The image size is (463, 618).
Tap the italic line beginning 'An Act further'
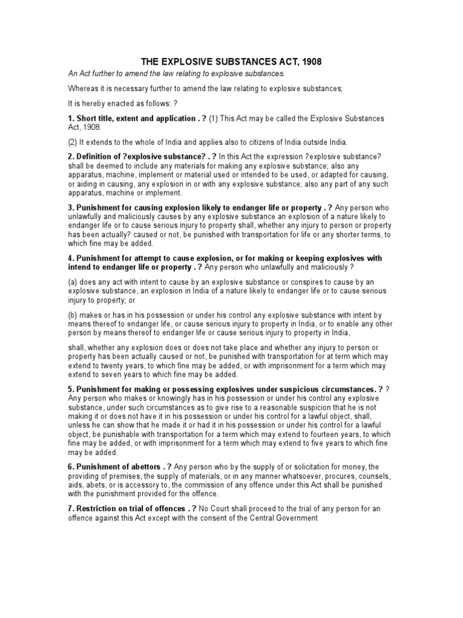point(175,74)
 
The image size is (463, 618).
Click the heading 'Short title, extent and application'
point(135,119)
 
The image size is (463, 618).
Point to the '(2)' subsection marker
point(73,142)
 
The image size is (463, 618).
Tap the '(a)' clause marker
point(73,282)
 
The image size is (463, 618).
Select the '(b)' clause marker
point(73,315)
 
